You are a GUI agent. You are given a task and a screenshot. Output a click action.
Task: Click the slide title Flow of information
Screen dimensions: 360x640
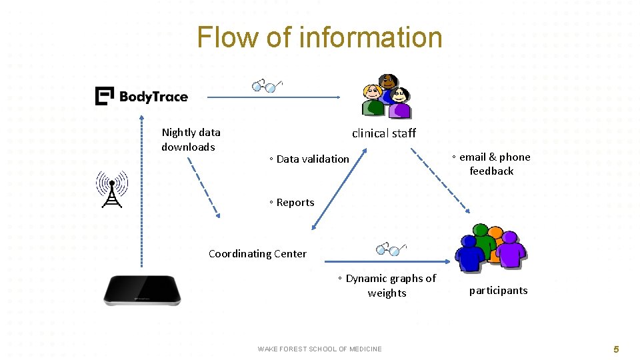pos(319,37)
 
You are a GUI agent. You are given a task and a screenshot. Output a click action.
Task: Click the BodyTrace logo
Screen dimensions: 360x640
pos(141,97)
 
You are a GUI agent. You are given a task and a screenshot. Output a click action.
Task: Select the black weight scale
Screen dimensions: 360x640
pos(142,291)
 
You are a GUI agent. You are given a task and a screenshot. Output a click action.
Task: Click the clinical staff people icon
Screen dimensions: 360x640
pos(385,96)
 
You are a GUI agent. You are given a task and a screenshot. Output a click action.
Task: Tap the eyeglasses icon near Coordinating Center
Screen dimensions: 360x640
pos(391,249)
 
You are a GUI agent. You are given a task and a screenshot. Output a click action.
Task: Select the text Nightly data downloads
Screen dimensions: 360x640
pos(191,139)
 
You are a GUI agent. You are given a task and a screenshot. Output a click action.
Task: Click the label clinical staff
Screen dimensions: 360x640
pos(384,133)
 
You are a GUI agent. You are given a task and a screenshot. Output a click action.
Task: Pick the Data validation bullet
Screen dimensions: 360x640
pos(309,159)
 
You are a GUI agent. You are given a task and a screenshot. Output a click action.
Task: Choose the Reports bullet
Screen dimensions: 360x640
pos(292,203)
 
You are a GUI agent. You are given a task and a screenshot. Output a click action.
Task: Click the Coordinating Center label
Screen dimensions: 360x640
pos(257,253)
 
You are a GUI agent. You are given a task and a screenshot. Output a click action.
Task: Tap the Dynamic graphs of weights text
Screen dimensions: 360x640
pos(387,285)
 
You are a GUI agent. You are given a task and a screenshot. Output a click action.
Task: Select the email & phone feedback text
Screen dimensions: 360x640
pos(491,164)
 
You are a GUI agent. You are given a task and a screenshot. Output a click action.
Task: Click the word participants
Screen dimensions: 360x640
pos(498,291)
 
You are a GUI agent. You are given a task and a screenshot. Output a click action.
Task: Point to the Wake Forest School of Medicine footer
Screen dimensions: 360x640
pos(319,349)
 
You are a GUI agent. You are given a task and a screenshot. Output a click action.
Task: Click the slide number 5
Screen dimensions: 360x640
pos(616,349)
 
